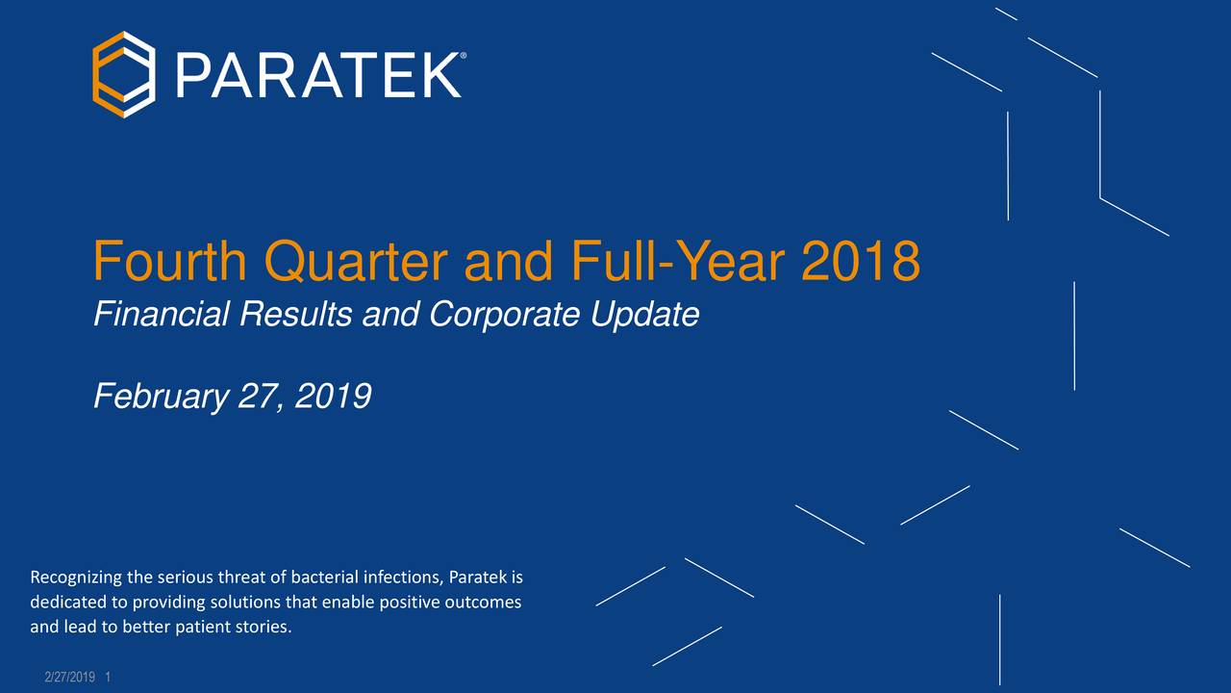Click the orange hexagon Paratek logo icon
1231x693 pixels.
123,74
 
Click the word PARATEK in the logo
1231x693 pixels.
317,75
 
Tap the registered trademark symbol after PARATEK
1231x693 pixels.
465,57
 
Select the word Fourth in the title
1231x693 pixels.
167,261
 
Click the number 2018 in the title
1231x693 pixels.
860,261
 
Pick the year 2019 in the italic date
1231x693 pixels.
333,396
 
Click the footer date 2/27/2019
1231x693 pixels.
69,679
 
